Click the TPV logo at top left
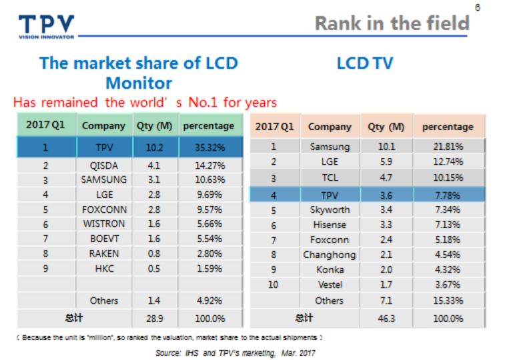pos(46,25)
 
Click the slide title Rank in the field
pos(392,23)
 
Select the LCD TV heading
pos(365,63)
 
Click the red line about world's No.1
pos(145,103)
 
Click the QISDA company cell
pos(104,165)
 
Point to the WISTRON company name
pos(104,224)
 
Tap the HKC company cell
pos(104,268)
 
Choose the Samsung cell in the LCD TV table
pos(330,147)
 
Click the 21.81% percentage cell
pos(449,147)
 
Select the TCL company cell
pos(330,178)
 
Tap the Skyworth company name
pos(330,209)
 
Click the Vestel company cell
pos(330,285)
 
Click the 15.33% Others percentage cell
pos(449,300)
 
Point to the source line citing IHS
pos(235,353)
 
